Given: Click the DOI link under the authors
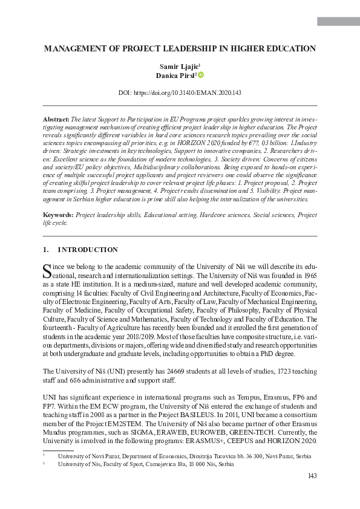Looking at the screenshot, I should pos(180,93).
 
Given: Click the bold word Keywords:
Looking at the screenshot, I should pos(59,215).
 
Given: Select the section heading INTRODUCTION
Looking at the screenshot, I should pos(88,250).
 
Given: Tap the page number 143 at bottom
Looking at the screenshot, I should pos(312,476).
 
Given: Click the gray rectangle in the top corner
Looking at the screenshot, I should pos(338,22).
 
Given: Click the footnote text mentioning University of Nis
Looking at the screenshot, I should pos(145,464).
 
